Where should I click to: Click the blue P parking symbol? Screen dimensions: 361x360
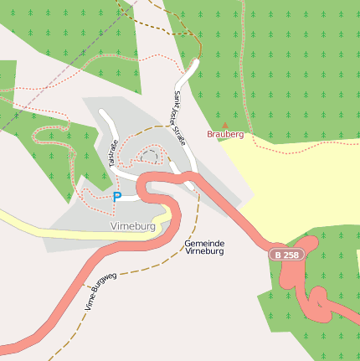[117, 197]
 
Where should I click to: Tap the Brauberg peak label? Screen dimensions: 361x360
[224, 134]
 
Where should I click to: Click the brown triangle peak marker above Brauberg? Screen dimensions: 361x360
[224, 125]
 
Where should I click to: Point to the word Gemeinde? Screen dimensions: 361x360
[203, 242]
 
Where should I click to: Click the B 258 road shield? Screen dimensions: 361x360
[285, 254]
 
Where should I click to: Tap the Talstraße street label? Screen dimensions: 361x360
[114, 153]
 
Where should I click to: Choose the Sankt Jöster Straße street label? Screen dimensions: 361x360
[179, 117]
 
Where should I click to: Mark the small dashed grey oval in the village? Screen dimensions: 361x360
[150, 155]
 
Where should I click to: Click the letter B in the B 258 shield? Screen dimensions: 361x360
[277, 254]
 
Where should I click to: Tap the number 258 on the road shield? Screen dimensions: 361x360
[290, 254]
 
